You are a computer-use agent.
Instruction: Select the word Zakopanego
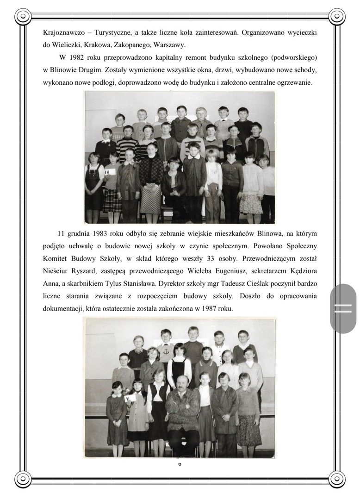(x=133, y=45)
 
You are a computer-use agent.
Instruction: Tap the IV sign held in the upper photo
(x=109, y=172)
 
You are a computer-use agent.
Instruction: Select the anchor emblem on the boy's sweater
(x=165, y=352)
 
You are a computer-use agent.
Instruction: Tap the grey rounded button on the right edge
(x=343, y=308)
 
